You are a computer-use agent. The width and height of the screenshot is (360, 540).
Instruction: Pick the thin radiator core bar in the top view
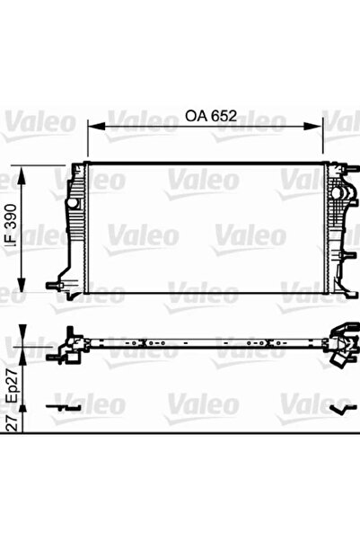click(206, 342)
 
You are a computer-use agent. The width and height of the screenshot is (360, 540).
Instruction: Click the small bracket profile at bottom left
click(63, 407)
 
